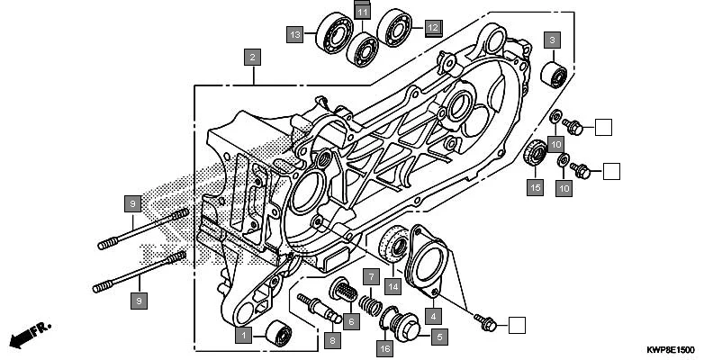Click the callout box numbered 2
point(254,58)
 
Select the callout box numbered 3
point(551,40)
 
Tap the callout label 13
point(295,34)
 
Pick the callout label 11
point(362,11)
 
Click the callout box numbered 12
point(433,28)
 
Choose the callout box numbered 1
point(242,336)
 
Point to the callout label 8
point(332,340)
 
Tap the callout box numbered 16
point(384,347)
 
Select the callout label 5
point(439,337)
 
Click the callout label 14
point(392,286)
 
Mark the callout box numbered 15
point(535,187)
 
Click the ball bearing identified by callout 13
point(334,33)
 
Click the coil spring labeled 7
point(369,304)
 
